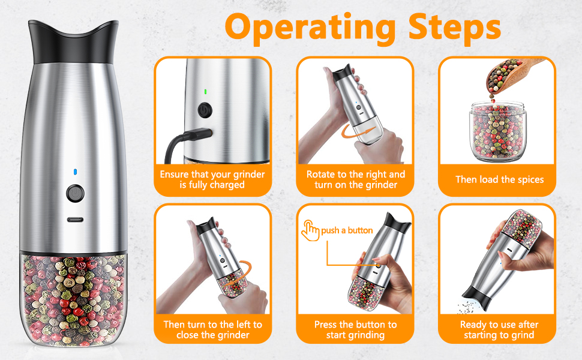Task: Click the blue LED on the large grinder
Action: (x=74, y=172)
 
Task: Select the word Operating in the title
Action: (x=310, y=27)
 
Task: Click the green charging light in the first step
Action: (x=205, y=92)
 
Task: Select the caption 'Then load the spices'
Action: (x=499, y=179)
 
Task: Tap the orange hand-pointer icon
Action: (x=310, y=230)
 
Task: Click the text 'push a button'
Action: (x=347, y=230)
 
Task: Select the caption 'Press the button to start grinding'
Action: (x=355, y=329)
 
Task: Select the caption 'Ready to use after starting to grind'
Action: (x=499, y=329)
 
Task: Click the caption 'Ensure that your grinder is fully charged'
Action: (x=212, y=179)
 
